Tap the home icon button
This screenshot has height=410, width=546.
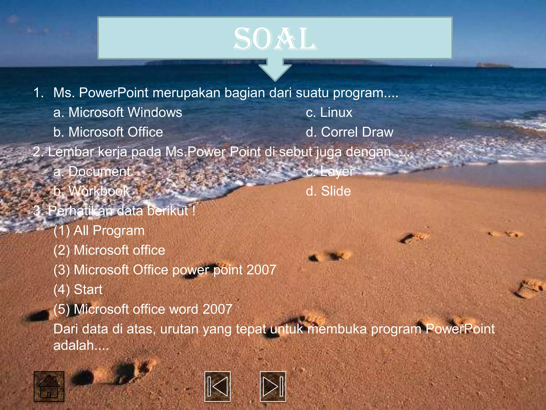pos(49,386)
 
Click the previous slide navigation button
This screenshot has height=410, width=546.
pos(217,386)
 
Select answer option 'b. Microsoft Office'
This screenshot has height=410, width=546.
pos(108,132)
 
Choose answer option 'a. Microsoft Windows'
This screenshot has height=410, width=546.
pos(118,112)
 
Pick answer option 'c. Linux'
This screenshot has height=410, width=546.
pos(329,112)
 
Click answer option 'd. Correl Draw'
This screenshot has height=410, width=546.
pos(350,132)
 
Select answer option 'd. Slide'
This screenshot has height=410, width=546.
pos(328,191)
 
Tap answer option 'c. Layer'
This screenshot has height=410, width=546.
pos(330,171)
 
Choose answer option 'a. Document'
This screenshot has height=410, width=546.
pos(92,171)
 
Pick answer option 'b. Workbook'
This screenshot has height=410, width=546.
pos(91,191)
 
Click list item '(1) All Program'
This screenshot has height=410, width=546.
pos(99,231)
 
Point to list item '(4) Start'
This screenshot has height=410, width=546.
pos(78,290)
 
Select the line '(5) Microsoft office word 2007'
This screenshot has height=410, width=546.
pos(143,309)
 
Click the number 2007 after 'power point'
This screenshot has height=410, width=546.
pos(261,270)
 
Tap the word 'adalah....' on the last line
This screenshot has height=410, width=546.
pos(81,345)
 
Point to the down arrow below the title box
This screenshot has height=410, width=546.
pos(275,69)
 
